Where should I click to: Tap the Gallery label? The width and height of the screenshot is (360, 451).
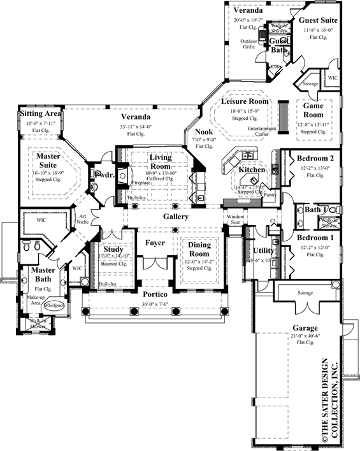coord(175,217)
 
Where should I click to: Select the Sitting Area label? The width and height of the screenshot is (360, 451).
coord(40,114)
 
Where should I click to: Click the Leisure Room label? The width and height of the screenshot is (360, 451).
coord(245,101)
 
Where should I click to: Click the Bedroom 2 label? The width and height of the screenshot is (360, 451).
coord(312,158)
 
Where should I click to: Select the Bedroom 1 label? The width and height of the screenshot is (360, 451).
coord(312,238)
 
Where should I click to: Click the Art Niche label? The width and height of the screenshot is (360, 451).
coord(83,219)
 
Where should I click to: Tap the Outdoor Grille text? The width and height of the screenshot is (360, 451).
coord(248,43)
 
